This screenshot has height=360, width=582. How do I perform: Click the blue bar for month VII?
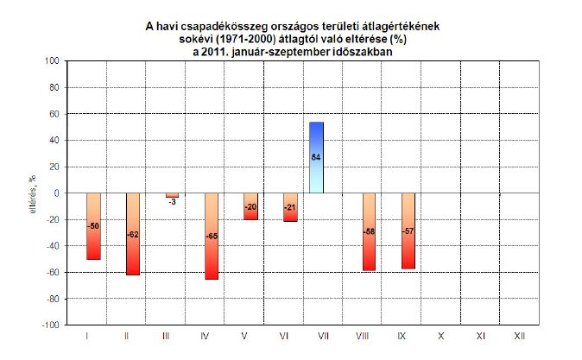click(317, 157)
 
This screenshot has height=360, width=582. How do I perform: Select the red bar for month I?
click(93, 225)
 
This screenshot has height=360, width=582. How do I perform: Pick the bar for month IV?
click(211, 236)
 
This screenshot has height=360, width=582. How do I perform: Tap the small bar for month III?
click(172, 195)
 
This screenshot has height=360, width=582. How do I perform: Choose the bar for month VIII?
click(369, 231)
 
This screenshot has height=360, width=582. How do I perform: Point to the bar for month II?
click(133, 233)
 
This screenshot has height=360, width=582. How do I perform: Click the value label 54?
click(317, 156)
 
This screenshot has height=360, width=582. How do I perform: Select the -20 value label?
click(250, 207)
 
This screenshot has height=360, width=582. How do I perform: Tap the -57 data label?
click(408, 231)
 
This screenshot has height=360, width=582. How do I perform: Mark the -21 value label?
click(290, 208)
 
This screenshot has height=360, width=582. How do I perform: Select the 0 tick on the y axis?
click(56, 193)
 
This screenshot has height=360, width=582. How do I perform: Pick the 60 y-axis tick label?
click(54, 114)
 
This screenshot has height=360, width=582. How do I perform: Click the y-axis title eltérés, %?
click(32, 193)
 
